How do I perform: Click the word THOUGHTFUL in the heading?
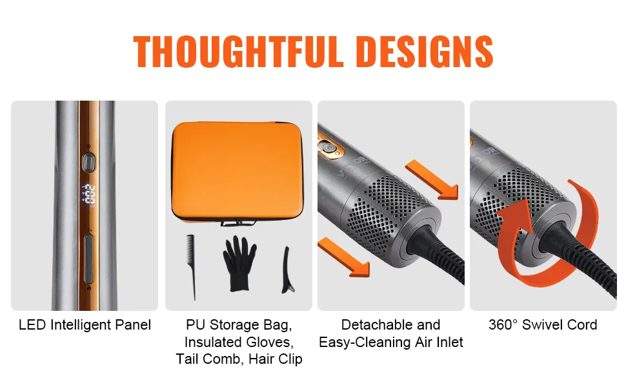pyautogui.click(x=238, y=52)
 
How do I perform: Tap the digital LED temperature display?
pyautogui.click(x=88, y=194)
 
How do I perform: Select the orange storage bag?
pyautogui.click(x=238, y=172)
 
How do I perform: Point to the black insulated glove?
pyautogui.click(x=239, y=263)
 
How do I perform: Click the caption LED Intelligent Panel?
pyautogui.click(x=85, y=325)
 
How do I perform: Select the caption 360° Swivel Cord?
pyautogui.click(x=543, y=325)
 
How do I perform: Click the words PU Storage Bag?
pyautogui.click(x=239, y=325)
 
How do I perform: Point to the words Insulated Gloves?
pyautogui.click(x=239, y=342)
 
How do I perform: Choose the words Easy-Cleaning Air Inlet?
pyautogui.click(x=391, y=342)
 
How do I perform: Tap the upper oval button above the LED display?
pyautogui.click(x=88, y=163)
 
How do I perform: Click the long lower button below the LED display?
pyautogui.click(x=88, y=259)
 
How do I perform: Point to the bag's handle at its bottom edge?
pyautogui.click(x=238, y=223)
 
